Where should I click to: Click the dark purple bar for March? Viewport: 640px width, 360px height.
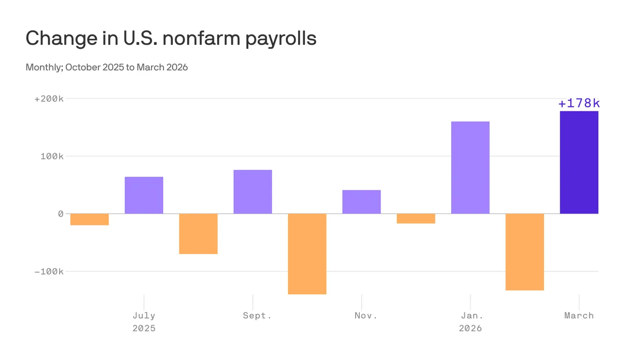pyautogui.click(x=579, y=162)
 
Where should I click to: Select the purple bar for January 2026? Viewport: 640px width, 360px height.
pyautogui.click(x=470, y=167)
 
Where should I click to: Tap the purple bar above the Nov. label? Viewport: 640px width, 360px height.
pyautogui.click(x=361, y=202)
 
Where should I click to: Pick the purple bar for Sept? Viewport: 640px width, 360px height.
pyautogui.click(x=253, y=192)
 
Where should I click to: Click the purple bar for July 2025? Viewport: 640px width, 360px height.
pyautogui.click(x=144, y=195)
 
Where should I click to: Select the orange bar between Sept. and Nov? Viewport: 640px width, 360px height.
pyautogui.click(x=307, y=254)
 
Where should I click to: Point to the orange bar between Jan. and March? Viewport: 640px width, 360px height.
pyautogui.click(x=524, y=252)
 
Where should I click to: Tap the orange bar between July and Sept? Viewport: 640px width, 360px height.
pyautogui.click(x=198, y=233)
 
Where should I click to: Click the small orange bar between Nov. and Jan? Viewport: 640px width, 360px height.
pyautogui.click(x=416, y=218)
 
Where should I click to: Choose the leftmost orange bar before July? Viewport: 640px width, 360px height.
pyautogui.click(x=89, y=219)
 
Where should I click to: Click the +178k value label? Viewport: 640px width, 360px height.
pyautogui.click(x=579, y=103)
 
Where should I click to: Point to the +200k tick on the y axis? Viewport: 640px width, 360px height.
pyautogui.click(x=49, y=99)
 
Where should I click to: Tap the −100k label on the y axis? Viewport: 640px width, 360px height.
pyautogui.click(x=49, y=271)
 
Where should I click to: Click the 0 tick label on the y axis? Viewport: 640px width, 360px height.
pyautogui.click(x=60, y=214)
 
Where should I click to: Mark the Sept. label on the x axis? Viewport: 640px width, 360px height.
pyautogui.click(x=257, y=315)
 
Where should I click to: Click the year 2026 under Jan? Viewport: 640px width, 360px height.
pyautogui.click(x=470, y=328)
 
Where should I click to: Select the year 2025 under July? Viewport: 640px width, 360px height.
pyautogui.click(x=144, y=328)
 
